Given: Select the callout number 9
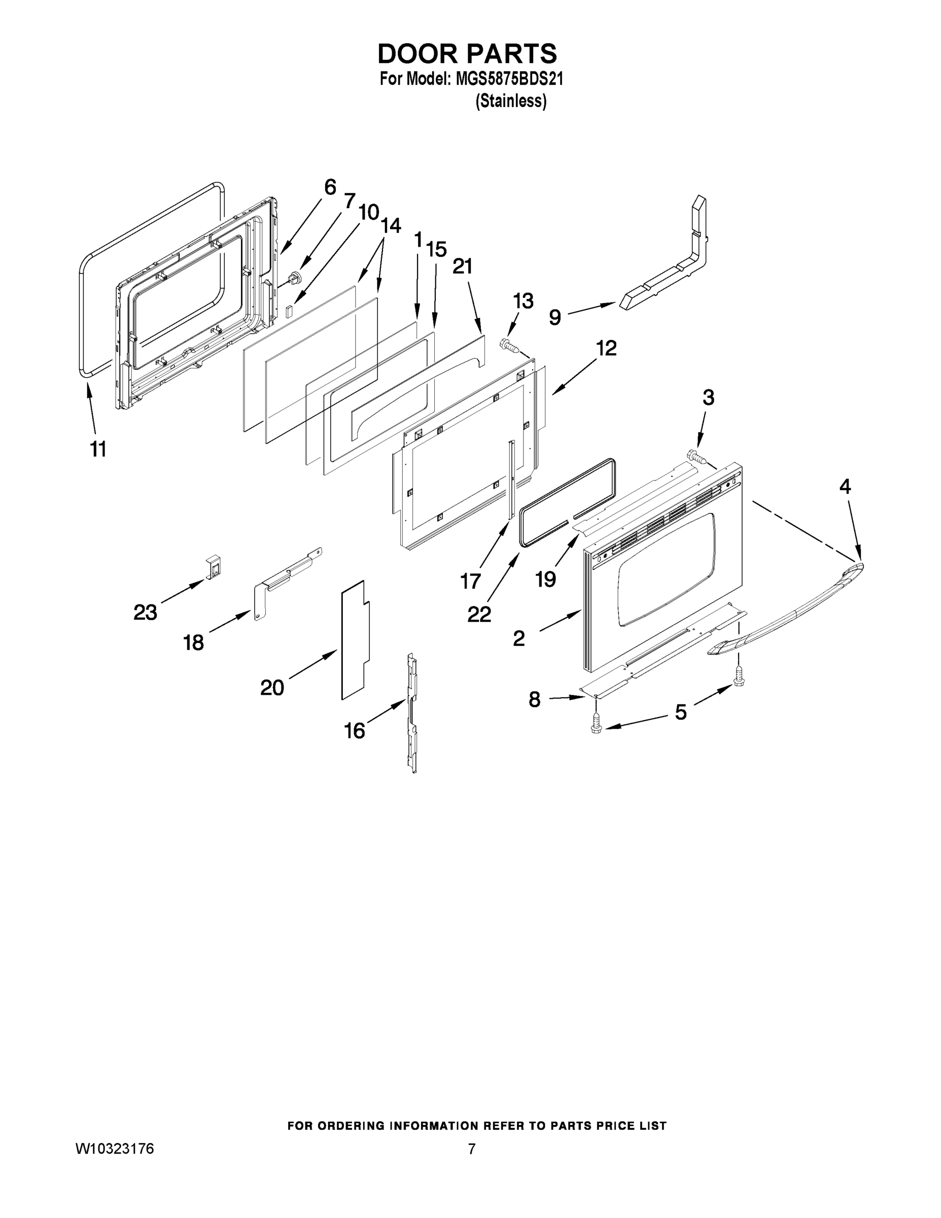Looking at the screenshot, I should [x=554, y=317].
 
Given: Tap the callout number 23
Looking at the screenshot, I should [x=145, y=613].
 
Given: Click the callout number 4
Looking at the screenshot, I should [x=845, y=487].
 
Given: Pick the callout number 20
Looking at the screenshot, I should [x=272, y=688].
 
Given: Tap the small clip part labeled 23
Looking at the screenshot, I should [x=214, y=566].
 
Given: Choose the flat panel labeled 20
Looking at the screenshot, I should [x=355, y=641].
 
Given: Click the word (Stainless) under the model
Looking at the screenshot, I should [x=511, y=101].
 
